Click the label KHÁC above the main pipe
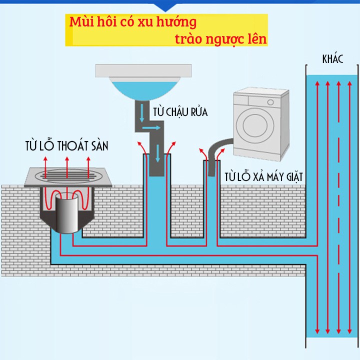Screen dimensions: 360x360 pyautogui.click(x=332, y=59)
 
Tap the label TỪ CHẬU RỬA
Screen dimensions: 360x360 pyautogui.click(x=180, y=112)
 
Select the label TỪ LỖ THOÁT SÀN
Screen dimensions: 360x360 pyautogui.click(x=67, y=145)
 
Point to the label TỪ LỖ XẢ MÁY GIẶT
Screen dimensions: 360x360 pyautogui.click(x=263, y=176)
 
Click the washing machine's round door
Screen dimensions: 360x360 pyautogui.click(x=255, y=125)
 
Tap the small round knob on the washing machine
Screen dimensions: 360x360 pyautogui.click(x=270, y=102)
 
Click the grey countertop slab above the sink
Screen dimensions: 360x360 pyautogui.click(x=143, y=70)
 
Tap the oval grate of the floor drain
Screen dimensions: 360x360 pyautogui.click(x=67, y=175)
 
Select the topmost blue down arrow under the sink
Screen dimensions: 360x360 pyautogui.click(x=142, y=113)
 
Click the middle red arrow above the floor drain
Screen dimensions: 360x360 pyautogui.click(x=67, y=167)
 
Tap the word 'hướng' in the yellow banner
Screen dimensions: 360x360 pyautogui.click(x=176, y=22)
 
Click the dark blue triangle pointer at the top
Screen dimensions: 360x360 pyautogui.click(x=165, y=7)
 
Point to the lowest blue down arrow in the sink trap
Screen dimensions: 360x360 pyautogui.click(x=157, y=153)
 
